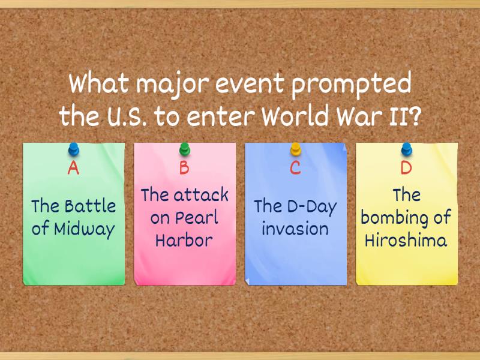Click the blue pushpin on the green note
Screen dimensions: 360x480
74,148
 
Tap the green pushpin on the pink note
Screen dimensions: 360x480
185,148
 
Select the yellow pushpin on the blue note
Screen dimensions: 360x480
295,148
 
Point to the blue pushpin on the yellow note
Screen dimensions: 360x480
407,148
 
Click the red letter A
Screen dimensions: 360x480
73,168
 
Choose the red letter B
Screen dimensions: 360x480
184,168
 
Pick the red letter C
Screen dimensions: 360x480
295,168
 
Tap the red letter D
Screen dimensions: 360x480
406,168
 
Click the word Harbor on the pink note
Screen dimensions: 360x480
184,241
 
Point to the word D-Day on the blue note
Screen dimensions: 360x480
313,206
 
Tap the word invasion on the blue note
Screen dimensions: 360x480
295,229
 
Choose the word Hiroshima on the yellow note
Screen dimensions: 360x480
406,241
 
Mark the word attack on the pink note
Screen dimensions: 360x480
201,195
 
